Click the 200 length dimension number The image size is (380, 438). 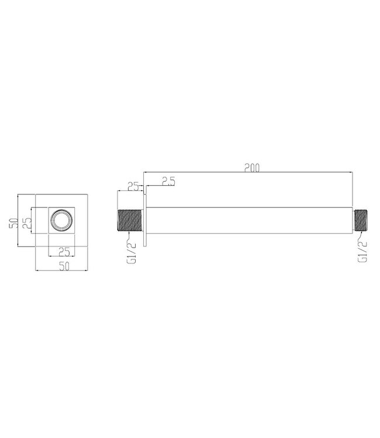pos(251,168)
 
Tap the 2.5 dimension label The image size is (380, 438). pos(168,182)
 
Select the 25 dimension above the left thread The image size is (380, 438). pos(132,186)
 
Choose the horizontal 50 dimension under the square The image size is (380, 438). pos(64,267)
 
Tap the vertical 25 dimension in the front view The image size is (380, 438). pos(26,222)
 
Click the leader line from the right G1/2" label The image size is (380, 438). pos(359,235)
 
